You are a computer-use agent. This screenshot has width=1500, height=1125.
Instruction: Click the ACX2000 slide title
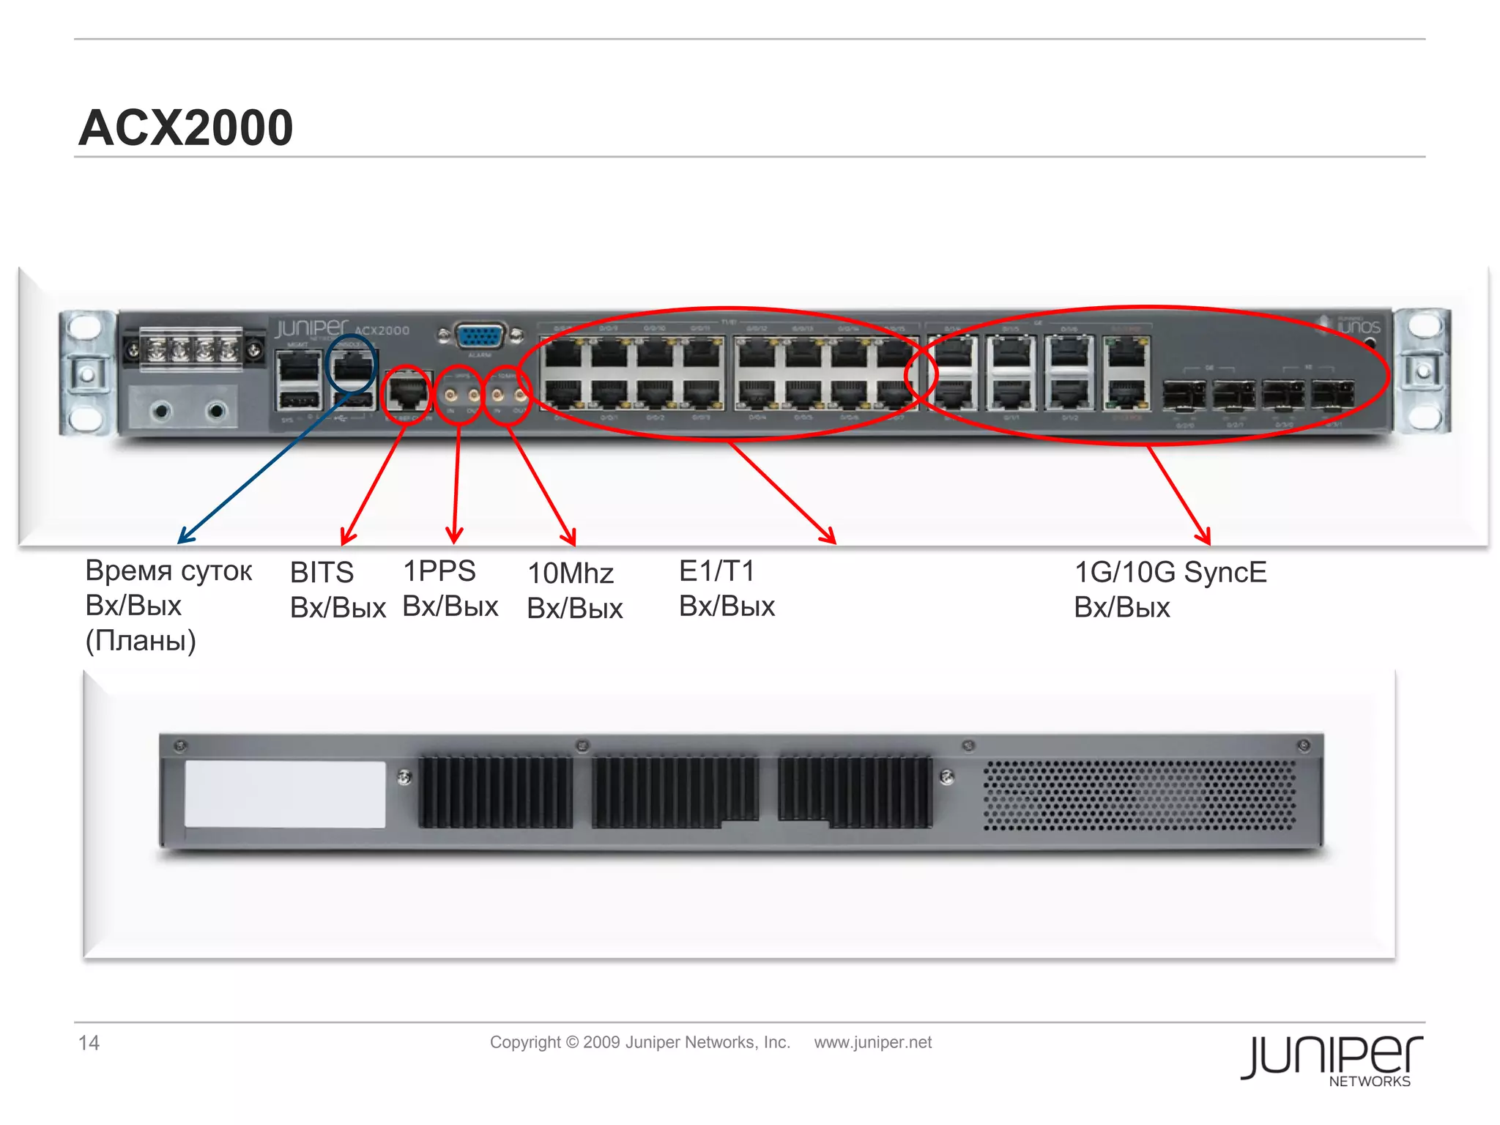(x=186, y=127)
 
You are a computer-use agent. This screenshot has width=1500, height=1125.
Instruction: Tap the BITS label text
(x=322, y=573)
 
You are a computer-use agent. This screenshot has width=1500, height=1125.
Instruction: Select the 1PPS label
(x=439, y=571)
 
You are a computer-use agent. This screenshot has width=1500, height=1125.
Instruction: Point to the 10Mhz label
(x=571, y=573)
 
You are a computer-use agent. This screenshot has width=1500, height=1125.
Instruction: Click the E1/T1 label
(x=716, y=571)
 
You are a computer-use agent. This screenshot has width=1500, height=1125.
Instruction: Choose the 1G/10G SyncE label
(x=1170, y=573)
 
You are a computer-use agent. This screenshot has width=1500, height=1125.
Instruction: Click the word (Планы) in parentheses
(x=141, y=641)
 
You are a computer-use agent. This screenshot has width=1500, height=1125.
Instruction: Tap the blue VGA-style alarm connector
(x=480, y=337)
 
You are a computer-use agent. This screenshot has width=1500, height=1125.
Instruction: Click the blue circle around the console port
(x=352, y=363)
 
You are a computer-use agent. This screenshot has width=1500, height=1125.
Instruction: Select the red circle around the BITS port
(x=407, y=394)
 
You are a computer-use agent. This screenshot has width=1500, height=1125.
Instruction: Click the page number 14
(x=89, y=1043)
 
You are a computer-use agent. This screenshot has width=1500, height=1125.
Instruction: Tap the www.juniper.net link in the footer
(x=872, y=1042)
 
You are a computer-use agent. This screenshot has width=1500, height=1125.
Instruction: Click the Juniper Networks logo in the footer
(x=1331, y=1059)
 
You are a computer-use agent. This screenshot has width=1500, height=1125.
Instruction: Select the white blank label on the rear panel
(x=285, y=794)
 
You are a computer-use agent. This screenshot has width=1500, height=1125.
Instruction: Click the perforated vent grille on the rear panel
(x=1139, y=795)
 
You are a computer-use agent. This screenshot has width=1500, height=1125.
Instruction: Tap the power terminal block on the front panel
(x=191, y=351)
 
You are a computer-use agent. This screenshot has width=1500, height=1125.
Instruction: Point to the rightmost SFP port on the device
(x=1332, y=395)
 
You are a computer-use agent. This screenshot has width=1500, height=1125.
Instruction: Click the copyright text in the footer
(x=639, y=1042)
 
